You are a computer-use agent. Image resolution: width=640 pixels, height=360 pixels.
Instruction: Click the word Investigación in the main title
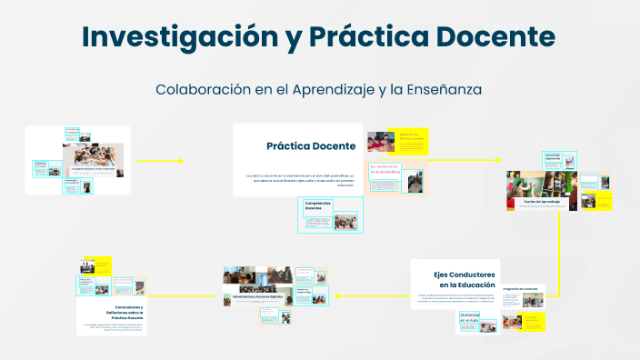(x=190, y=37)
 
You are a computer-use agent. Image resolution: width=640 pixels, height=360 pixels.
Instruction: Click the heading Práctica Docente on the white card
(x=310, y=145)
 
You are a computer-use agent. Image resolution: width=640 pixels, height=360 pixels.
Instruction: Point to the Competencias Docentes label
(x=318, y=205)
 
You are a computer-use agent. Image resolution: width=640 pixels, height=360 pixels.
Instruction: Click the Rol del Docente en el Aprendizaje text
(x=385, y=169)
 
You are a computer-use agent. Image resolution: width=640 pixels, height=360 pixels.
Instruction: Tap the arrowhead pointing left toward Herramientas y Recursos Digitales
(x=337, y=295)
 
